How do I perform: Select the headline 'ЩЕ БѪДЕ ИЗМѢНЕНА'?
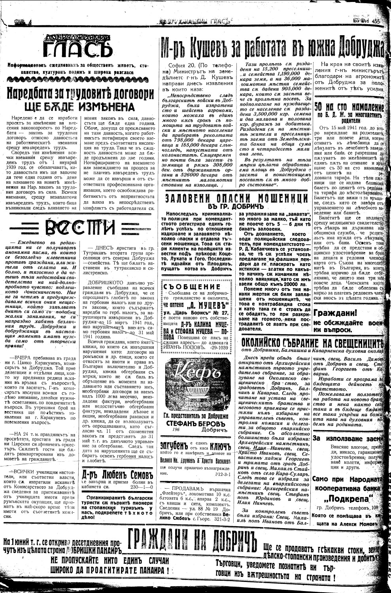pyautogui.click(x=80, y=107)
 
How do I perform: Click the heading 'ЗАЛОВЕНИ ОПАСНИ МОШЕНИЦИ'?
pyautogui.click(x=236, y=198)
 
